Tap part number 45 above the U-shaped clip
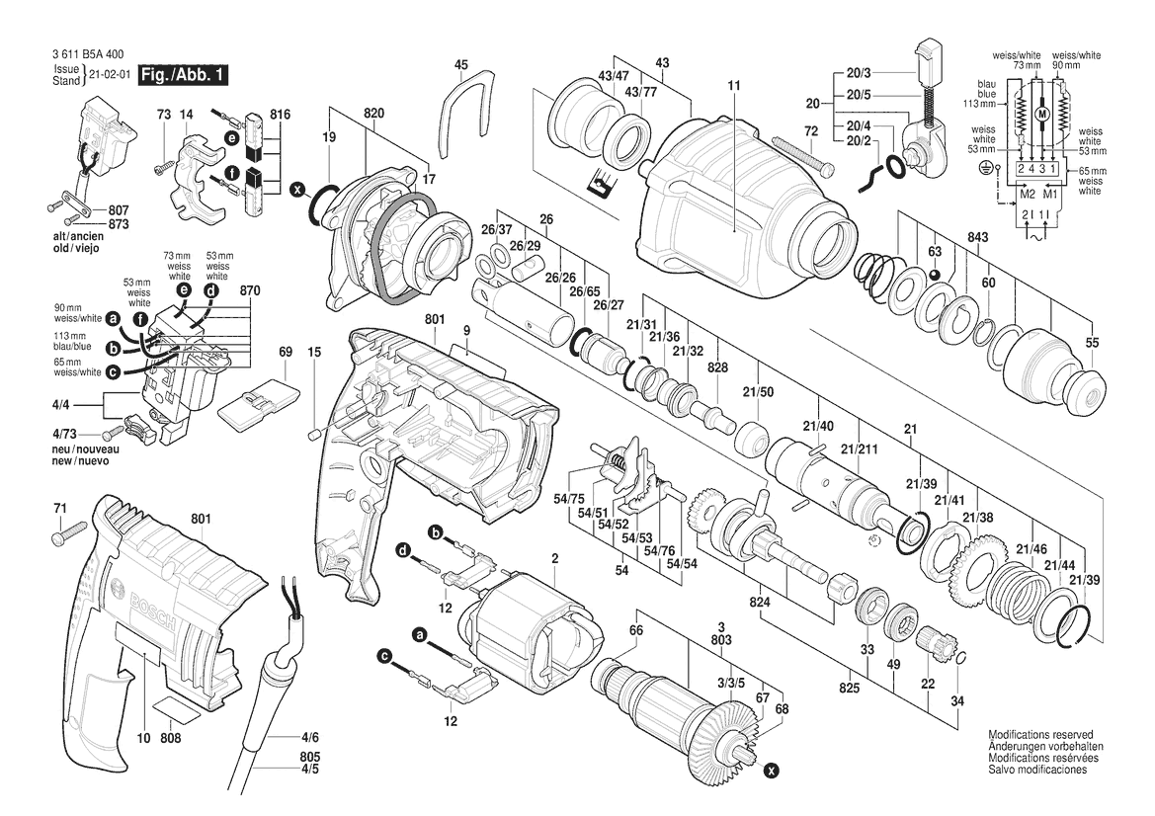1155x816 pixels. (x=460, y=64)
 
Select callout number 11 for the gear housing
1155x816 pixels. (x=733, y=87)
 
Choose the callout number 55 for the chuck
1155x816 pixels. (x=1092, y=342)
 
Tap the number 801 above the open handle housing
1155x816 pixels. (x=436, y=318)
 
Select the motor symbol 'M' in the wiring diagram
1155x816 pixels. (x=1038, y=116)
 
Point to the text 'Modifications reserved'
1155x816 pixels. (x=1040, y=736)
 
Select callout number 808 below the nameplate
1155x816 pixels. (x=170, y=737)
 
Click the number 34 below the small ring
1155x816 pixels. (x=956, y=702)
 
